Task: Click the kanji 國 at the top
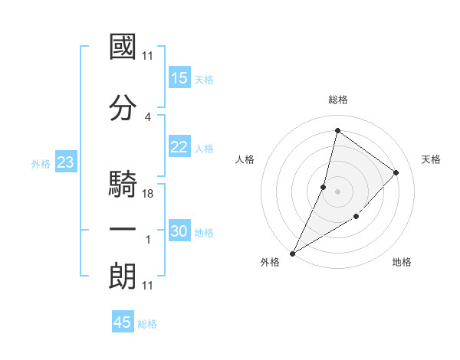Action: [x=123, y=47]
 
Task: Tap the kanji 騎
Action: [x=123, y=183]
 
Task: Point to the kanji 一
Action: [x=123, y=229]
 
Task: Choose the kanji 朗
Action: [x=123, y=276]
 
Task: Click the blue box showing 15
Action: [x=179, y=78]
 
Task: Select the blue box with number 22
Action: [x=179, y=147]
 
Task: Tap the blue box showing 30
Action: [x=179, y=231]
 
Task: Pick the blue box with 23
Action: [x=65, y=162]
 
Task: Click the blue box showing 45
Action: [x=123, y=322]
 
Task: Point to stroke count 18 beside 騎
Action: [x=149, y=194]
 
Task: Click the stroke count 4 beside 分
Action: [x=147, y=117]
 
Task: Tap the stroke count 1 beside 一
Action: [x=147, y=240]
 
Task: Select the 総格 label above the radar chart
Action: [x=337, y=100]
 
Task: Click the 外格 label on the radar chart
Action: [x=270, y=263]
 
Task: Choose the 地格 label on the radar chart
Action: [x=402, y=263]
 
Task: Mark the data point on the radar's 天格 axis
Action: [x=396, y=172]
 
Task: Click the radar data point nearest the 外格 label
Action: [x=292, y=254]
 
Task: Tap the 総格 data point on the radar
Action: [x=337, y=130]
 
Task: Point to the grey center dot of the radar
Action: [x=337, y=191]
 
